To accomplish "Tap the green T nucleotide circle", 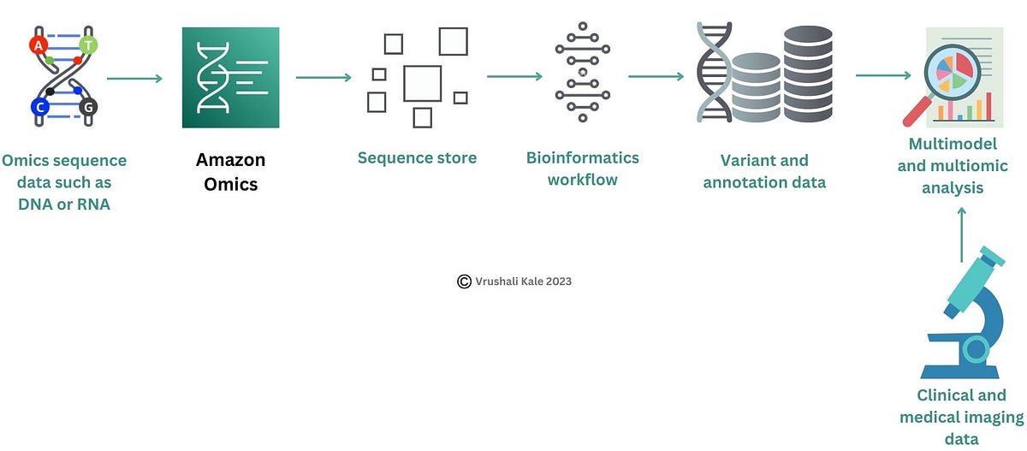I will pos(88,44).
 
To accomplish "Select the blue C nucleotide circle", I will pos(39,107).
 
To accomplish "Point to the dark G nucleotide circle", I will pos(87,107).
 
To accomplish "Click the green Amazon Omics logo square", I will pos(230,78).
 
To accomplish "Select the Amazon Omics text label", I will pos(230,171).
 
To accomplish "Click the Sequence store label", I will pos(417,157).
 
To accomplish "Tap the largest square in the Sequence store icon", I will pos(422,83).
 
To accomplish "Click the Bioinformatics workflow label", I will pos(582,169).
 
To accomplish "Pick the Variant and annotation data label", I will pos(764,170).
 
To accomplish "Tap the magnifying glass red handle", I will pos(917,112).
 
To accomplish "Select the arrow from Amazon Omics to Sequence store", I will pos(324,78).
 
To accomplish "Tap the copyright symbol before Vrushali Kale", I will pos(464,281).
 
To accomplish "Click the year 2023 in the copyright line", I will pos(555,281).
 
